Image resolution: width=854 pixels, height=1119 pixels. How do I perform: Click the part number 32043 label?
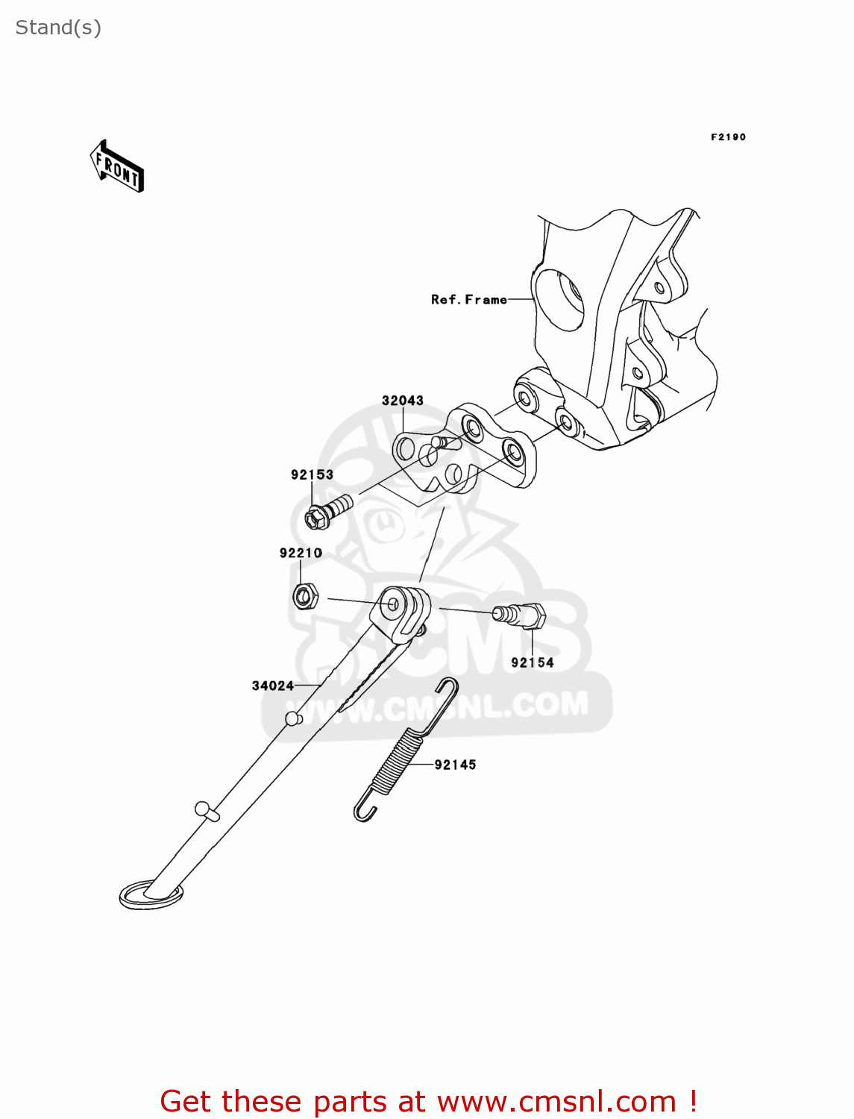[x=402, y=401]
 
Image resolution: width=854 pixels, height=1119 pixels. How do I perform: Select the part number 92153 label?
[x=312, y=475]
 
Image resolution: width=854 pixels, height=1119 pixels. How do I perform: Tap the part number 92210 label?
[x=301, y=553]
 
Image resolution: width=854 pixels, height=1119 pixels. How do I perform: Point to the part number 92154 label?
[x=532, y=662]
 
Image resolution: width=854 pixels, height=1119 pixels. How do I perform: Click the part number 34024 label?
[x=273, y=686]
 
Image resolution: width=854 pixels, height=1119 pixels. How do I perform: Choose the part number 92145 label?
[x=455, y=765]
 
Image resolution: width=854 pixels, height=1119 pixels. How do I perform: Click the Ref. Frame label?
[x=468, y=299]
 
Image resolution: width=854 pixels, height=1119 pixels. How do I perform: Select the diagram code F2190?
[x=727, y=137]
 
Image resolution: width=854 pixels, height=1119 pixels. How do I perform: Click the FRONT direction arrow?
[x=117, y=166]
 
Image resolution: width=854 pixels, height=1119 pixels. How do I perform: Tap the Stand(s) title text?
[x=58, y=28]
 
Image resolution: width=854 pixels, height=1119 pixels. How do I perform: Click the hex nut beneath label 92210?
[x=304, y=597]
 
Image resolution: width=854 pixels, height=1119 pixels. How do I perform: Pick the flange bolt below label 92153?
[x=328, y=511]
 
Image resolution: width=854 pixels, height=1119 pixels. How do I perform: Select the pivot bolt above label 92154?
[x=520, y=615]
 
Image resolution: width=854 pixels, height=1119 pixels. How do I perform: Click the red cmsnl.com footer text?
[x=429, y=1101]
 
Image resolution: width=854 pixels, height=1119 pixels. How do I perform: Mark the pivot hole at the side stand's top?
[x=393, y=604]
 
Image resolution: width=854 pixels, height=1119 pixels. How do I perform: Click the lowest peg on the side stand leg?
[x=206, y=811]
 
